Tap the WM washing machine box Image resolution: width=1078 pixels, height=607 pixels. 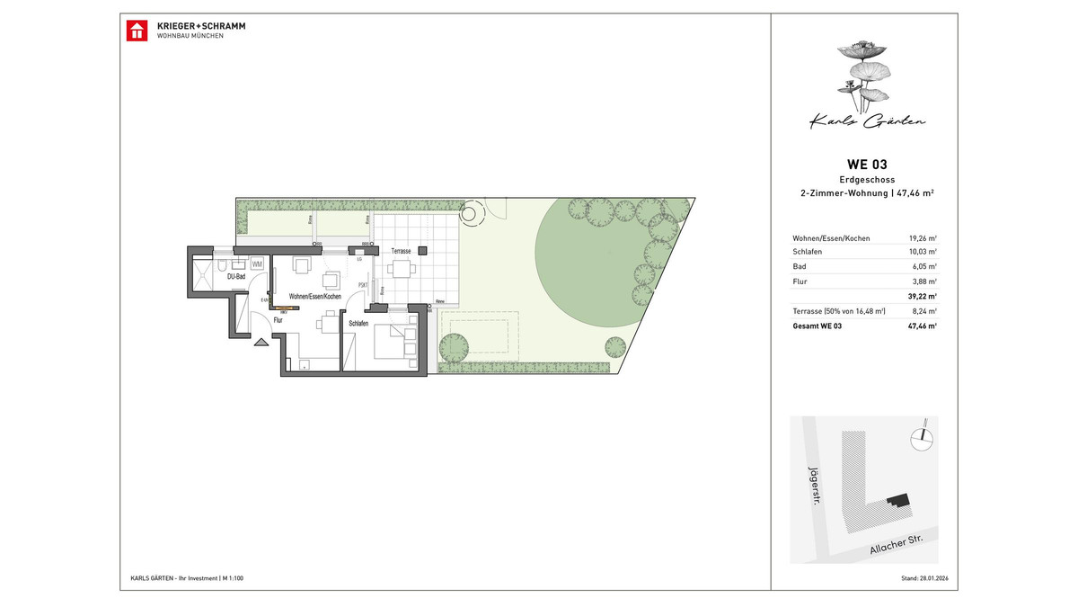pyautogui.click(x=257, y=263)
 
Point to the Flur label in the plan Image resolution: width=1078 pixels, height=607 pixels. pyautogui.click(x=278, y=319)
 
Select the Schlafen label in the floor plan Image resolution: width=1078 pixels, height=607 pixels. pyautogui.click(x=360, y=322)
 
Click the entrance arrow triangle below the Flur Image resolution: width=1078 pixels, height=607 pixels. pyautogui.click(x=261, y=342)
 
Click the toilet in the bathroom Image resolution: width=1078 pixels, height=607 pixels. pyautogui.click(x=240, y=265)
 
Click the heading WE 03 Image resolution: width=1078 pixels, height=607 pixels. pyautogui.click(x=867, y=164)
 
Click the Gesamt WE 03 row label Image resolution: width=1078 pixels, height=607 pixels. pyautogui.click(x=817, y=326)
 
